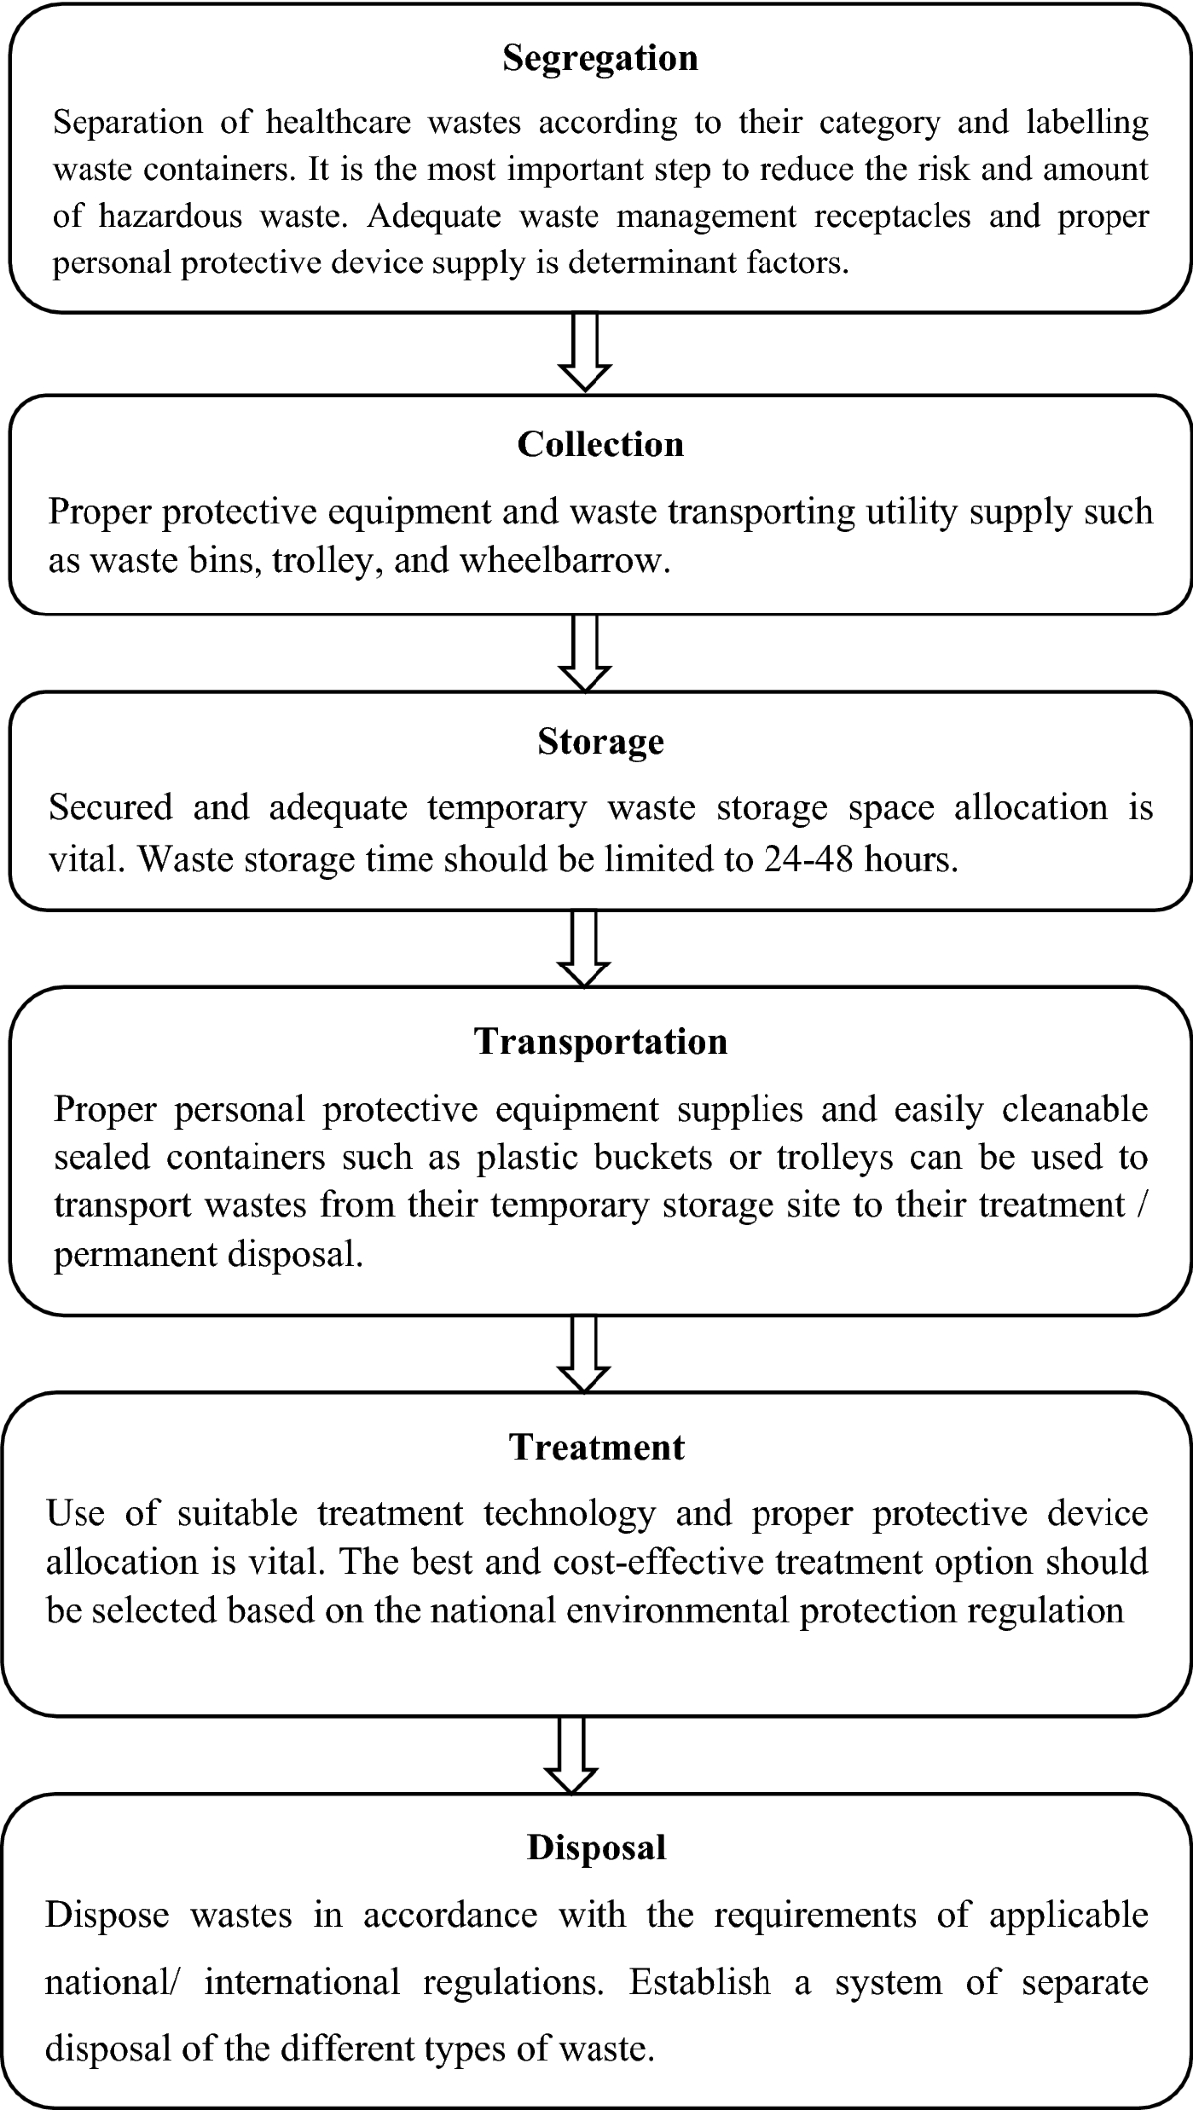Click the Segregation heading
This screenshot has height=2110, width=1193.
599,59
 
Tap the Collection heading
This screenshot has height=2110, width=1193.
600,444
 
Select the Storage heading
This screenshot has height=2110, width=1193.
600,742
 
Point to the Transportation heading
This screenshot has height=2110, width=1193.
600,1041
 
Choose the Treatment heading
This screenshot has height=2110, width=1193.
597,1447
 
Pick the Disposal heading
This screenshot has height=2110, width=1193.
596,1847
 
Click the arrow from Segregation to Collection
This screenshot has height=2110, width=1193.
585,354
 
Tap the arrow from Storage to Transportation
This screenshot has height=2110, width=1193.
585,949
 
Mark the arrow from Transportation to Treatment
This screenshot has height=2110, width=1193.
585,1354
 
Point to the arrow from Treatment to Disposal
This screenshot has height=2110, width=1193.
572,1756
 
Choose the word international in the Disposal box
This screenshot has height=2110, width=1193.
300,1983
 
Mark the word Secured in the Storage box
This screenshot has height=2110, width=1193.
110,807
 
